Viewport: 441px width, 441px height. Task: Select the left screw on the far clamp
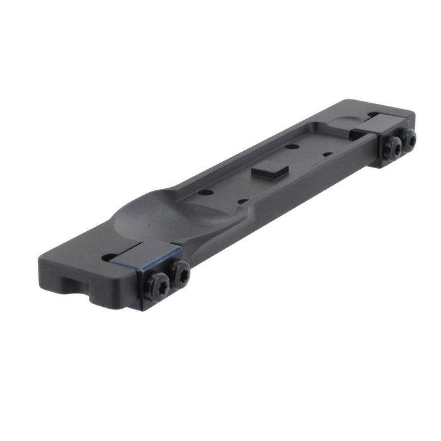click(x=393, y=147)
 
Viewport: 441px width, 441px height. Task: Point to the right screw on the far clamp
click(x=409, y=139)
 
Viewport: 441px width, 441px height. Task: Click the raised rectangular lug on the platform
click(x=270, y=169)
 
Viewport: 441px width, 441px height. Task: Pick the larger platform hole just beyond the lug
click(x=292, y=147)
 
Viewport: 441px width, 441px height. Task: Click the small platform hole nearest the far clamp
click(x=328, y=154)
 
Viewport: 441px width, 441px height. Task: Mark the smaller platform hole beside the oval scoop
click(x=241, y=202)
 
